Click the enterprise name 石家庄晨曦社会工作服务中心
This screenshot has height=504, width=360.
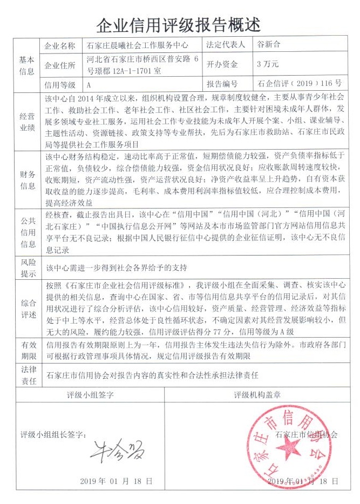[x=140, y=46]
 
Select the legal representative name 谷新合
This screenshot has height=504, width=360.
[x=270, y=46]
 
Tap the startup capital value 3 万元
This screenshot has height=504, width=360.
[x=268, y=64]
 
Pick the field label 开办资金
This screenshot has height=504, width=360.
[x=222, y=65]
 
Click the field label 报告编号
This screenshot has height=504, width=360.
[x=222, y=84]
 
